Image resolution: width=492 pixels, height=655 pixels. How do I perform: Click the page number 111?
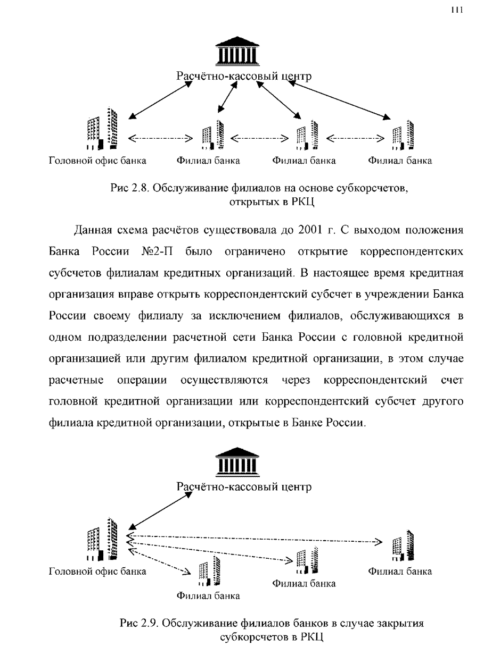(457, 10)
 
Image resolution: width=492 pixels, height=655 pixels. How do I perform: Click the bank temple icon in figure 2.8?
(237, 51)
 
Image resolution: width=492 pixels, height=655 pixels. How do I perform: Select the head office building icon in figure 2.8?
(102, 128)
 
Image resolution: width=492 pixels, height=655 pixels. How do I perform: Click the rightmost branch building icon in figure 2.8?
(403, 135)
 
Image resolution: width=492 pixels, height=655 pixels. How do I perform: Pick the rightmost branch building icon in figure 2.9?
(403, 545)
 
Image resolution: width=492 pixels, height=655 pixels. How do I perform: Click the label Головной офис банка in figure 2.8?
(97, 161)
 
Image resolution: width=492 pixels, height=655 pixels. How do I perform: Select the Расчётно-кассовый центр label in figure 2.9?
(244, 486)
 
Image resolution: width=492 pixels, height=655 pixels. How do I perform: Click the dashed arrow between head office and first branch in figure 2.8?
(160, 138)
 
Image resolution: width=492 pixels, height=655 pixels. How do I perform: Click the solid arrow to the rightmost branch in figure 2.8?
(340, 101)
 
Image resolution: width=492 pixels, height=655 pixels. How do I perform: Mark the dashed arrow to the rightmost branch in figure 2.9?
(255, 539)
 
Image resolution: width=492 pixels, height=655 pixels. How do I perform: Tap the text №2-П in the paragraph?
(157, 251)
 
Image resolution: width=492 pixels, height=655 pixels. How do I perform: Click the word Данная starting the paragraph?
(92, 230)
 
